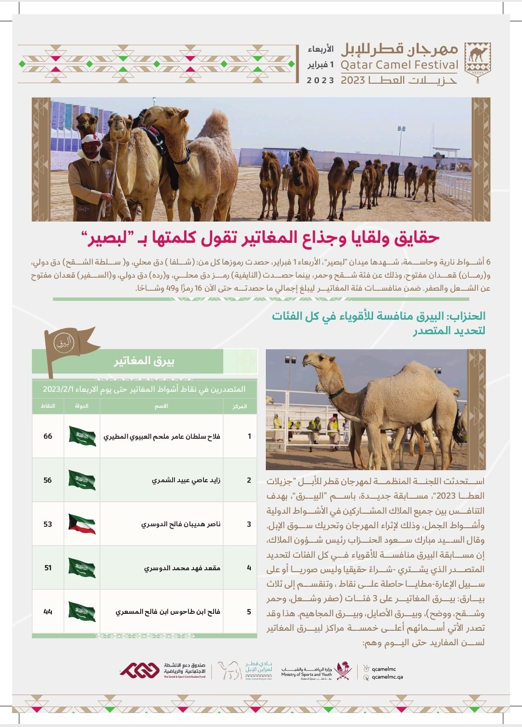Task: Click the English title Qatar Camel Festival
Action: coord(399,65)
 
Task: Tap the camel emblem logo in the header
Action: coord(477,59)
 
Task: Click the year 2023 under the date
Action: coord(320,80)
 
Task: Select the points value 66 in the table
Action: coord(48,436)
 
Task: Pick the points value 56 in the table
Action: coord(47,480)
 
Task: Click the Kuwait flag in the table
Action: coord(82,524)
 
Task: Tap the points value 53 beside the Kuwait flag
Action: coord(47,524)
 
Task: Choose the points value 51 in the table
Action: coord(48,568)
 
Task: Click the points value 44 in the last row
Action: coord(48,612)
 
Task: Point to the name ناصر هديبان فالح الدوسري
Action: coord(180,524)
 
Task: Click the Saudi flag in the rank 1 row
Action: coord(82,436)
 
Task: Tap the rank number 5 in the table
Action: coord(249,612)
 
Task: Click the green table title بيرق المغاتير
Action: coord(144,361)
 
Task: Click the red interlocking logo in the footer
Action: coord(140,670)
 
